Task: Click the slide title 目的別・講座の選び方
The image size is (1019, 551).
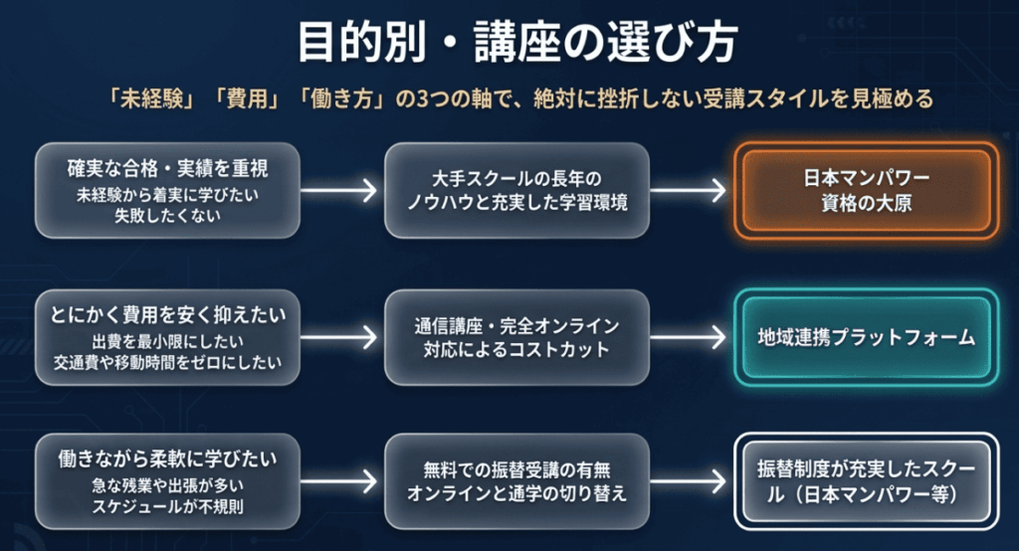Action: (517, 43)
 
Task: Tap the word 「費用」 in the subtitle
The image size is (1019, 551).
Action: (247, 98)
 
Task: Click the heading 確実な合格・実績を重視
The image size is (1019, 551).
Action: (167, 169)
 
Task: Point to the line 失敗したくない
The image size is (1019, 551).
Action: (167, 216)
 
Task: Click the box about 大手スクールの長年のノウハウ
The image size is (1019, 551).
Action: (516, 190)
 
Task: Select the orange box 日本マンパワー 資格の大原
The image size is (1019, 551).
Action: (867, 190)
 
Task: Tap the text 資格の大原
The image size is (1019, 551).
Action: (867, 203)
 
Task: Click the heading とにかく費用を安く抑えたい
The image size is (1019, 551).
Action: (167, 315)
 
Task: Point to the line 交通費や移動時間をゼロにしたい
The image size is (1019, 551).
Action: (167, 363)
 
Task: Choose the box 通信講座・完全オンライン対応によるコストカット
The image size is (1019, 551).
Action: (516, 337)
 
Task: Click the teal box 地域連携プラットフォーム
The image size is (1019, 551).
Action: (867, 337)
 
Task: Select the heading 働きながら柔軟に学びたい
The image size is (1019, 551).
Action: (167, 459)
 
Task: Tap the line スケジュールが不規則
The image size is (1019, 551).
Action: (167, 507)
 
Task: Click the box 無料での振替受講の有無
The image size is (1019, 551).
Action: (516, 481)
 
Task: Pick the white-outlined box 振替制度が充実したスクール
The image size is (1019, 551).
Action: (867, 481)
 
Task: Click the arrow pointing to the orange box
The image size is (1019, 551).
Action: (688, 190)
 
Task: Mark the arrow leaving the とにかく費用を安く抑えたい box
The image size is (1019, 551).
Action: (338, 337)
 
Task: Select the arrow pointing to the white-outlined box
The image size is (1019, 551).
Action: (688, 481)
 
